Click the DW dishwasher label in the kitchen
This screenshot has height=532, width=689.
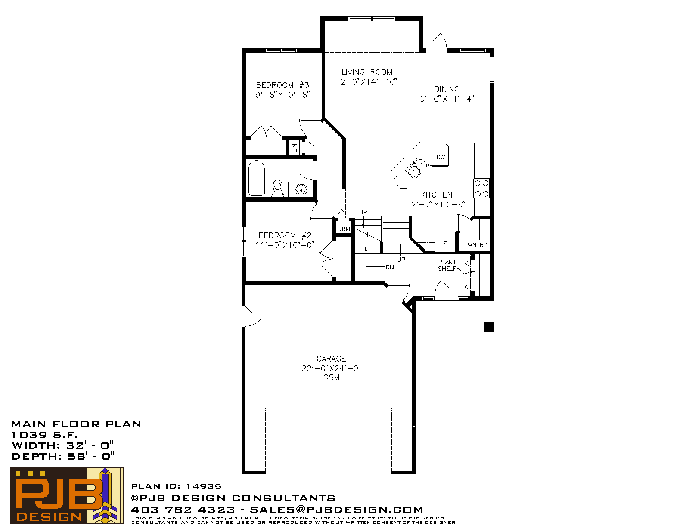click(x=441, y=157)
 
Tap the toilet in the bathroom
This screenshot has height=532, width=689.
click(x=278, y=189)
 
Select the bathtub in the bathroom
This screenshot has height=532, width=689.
click(x=257, y=178)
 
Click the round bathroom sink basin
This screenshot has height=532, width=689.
click(x=301, y=189)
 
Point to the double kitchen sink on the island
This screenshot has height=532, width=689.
click(x=417, y=167)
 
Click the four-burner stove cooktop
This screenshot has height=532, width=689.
click(x=481, y=189)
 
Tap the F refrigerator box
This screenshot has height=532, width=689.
click(x=445, y=243)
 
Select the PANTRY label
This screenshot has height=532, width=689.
click(x=475, y=245)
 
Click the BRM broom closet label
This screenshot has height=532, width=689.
click(x=344, y=229)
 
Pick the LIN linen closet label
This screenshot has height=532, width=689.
click(x=295, y=148)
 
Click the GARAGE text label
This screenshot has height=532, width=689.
click(x=331, y=359)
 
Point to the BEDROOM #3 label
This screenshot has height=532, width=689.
click(x=282, y=85)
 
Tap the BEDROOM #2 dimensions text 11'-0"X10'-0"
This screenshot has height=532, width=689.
click(x=284, y=245)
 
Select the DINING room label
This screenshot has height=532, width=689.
click(x=447, y=89)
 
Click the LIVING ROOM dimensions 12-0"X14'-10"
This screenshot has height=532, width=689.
click(x=366, y=82)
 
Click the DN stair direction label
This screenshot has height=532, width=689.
click(x=390, y=267)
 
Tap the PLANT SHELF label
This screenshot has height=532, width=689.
click(x=447, y=266)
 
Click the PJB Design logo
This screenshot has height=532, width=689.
click(x=67, y=495)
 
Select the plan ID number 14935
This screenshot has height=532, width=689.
click(x=204, y=486)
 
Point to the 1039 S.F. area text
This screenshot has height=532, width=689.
click(x=44, y=435)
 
